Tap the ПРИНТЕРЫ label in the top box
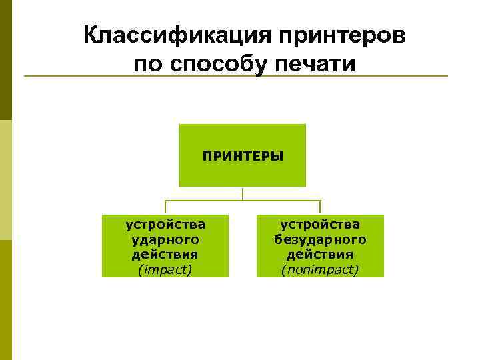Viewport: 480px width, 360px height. click(243, 156)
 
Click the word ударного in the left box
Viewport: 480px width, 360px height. click(165, 239)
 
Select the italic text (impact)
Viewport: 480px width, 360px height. click(165, 269)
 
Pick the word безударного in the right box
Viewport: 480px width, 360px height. click(320, 239)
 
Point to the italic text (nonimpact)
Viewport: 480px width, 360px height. click(320, 269)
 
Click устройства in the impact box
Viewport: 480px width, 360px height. click(165, 225)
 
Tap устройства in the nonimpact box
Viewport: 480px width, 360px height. click(320, 225)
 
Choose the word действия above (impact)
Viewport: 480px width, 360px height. click(165, 254)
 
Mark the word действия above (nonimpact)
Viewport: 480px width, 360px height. click(320, 254)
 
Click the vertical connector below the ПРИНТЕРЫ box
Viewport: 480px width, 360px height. click(243, 193)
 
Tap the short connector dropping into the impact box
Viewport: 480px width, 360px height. click(165, 207)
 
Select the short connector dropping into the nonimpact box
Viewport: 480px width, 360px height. click(320, 207)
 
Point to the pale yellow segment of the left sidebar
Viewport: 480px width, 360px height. click(5, 180)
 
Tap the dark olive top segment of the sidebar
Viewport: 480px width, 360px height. click(5, 60)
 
